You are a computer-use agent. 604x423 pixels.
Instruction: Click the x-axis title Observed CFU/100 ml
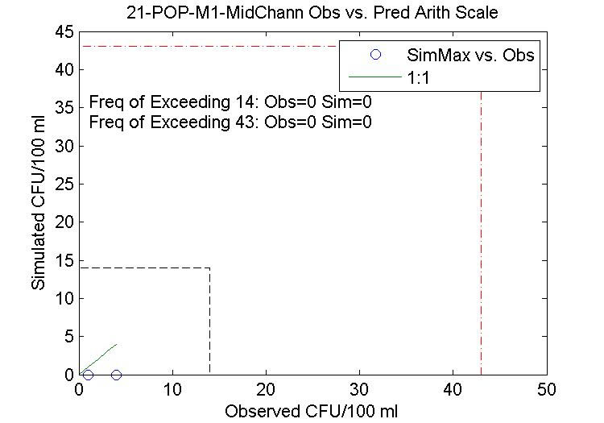pyautogui.click(x=312, y=411)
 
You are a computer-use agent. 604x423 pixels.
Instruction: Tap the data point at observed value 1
pyautogui.click(x=89, y=375)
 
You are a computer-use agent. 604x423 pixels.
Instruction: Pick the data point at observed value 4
pyautogui.click(x=117, y=375)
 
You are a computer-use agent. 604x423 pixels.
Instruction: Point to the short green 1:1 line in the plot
pyautogui.click(x=98, y=359)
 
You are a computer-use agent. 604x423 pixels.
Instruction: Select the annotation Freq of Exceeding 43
pyautogui.click(x=230, y=122)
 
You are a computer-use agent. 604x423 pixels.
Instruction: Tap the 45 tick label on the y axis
pyautogui.click(x=65, y=32)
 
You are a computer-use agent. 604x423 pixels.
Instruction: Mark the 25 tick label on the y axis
pyautogui.click(x=65, y=185)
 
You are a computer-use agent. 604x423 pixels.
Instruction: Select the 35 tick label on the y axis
pyautogui.click(x=65, y=108)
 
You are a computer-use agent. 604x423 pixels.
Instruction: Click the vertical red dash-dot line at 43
pyautogui.click(x=482, y=242)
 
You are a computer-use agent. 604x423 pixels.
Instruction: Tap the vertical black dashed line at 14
pyautogui.click(x=210, y=322)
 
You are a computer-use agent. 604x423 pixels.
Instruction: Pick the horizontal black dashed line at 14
pyautogui.click(x=145, y=268)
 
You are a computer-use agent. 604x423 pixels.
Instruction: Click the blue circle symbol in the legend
pyautogui.click(x=374, y=55)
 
